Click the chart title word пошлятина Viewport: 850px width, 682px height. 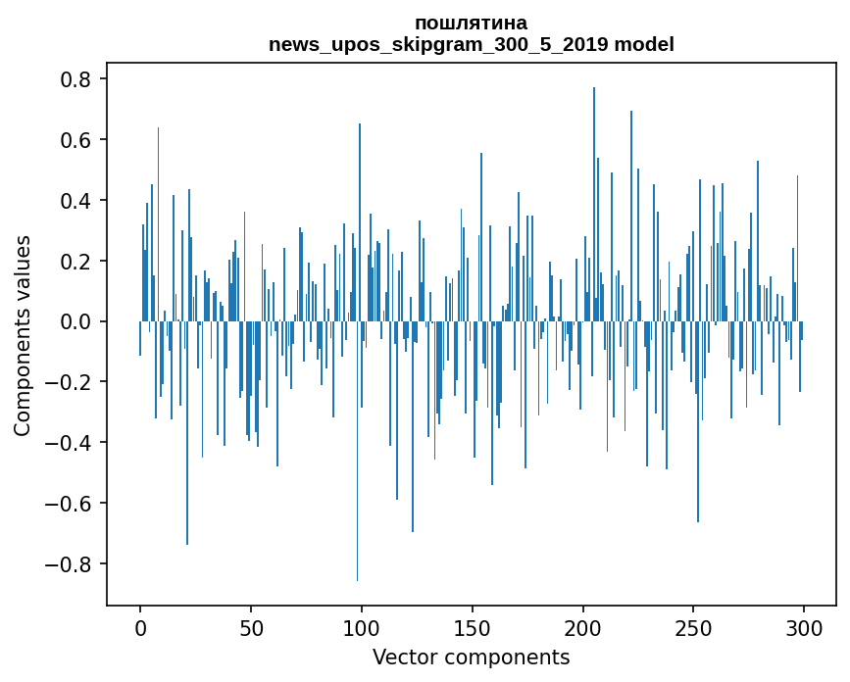pos(471,23)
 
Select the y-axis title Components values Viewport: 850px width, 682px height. pos(23,335)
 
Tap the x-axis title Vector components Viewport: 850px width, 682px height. pos(471,657)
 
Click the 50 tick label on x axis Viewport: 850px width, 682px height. pos(251,627)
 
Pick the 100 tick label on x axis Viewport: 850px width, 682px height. pos(362,627)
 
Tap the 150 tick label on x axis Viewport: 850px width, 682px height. pos(473,627)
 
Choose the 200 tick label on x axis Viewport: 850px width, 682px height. pos(583,627)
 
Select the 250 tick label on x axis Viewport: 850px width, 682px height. pos(694,627)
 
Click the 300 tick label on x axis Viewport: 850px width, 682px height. pos(805,627)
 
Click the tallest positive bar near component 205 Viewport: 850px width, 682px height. pos(594,196)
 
